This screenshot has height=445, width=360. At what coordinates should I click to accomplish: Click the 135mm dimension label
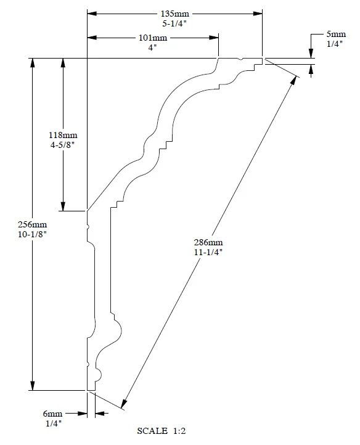[175, 14]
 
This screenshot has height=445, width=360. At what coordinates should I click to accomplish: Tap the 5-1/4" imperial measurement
[174, 23]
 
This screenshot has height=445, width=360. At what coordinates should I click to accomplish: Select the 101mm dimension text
[153, 38]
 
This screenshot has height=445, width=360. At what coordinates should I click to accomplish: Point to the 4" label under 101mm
[152, 47]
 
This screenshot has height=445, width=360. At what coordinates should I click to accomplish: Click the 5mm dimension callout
[336, 34]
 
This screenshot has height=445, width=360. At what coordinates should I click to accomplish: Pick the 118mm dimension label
[63, 135]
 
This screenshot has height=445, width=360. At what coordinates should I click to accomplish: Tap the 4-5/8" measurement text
[62, 145]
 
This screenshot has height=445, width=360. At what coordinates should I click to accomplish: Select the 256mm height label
[33, 224]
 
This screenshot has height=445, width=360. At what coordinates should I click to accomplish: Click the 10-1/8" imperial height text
[33, 234]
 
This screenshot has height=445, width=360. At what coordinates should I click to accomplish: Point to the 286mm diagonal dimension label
[208, 242]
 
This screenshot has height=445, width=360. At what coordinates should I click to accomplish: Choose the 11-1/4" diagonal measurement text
[208, 252]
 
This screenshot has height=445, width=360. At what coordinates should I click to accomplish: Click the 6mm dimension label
[52, 414]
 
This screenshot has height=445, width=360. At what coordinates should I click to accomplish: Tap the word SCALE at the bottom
[152, 431]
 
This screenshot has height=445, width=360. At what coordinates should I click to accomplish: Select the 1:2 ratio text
[179, 431]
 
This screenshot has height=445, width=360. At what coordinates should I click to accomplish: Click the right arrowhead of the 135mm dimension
[258, 14]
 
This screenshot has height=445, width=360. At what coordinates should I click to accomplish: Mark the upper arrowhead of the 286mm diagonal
[294, 81]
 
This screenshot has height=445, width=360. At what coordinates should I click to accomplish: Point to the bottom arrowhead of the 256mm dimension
[33, 386]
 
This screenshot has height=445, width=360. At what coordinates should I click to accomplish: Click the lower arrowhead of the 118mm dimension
[63, 206]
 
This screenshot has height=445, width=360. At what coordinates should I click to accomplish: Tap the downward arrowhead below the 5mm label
[311, 54]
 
